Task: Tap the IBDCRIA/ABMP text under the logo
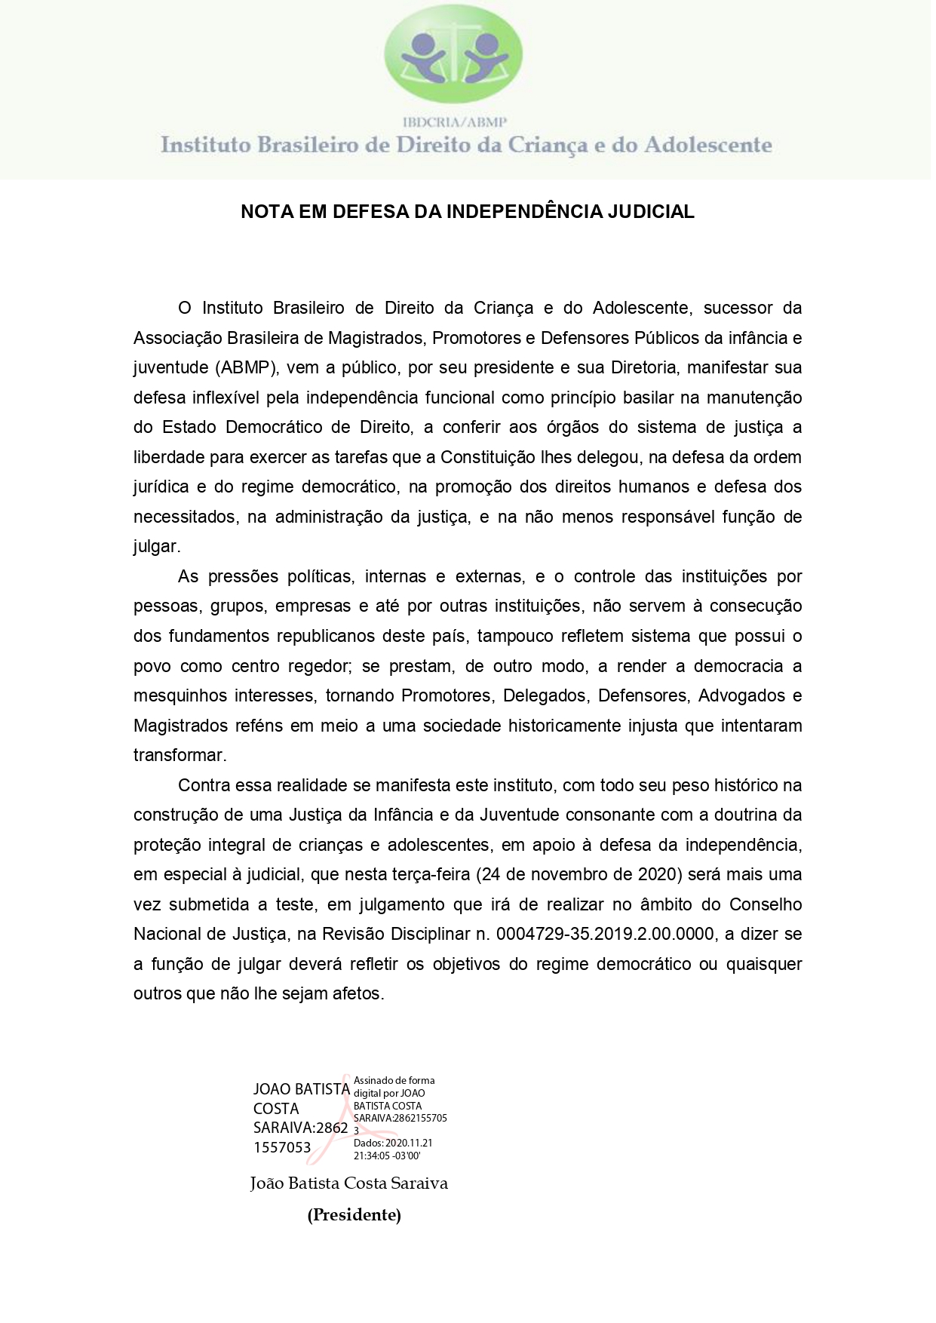454,121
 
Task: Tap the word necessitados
184,517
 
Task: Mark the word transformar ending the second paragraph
180,755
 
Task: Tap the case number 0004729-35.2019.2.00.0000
605,934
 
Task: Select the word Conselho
766,904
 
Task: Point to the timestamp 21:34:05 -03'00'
387,1156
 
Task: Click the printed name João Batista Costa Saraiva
349,1183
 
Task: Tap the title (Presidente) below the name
354,1215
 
